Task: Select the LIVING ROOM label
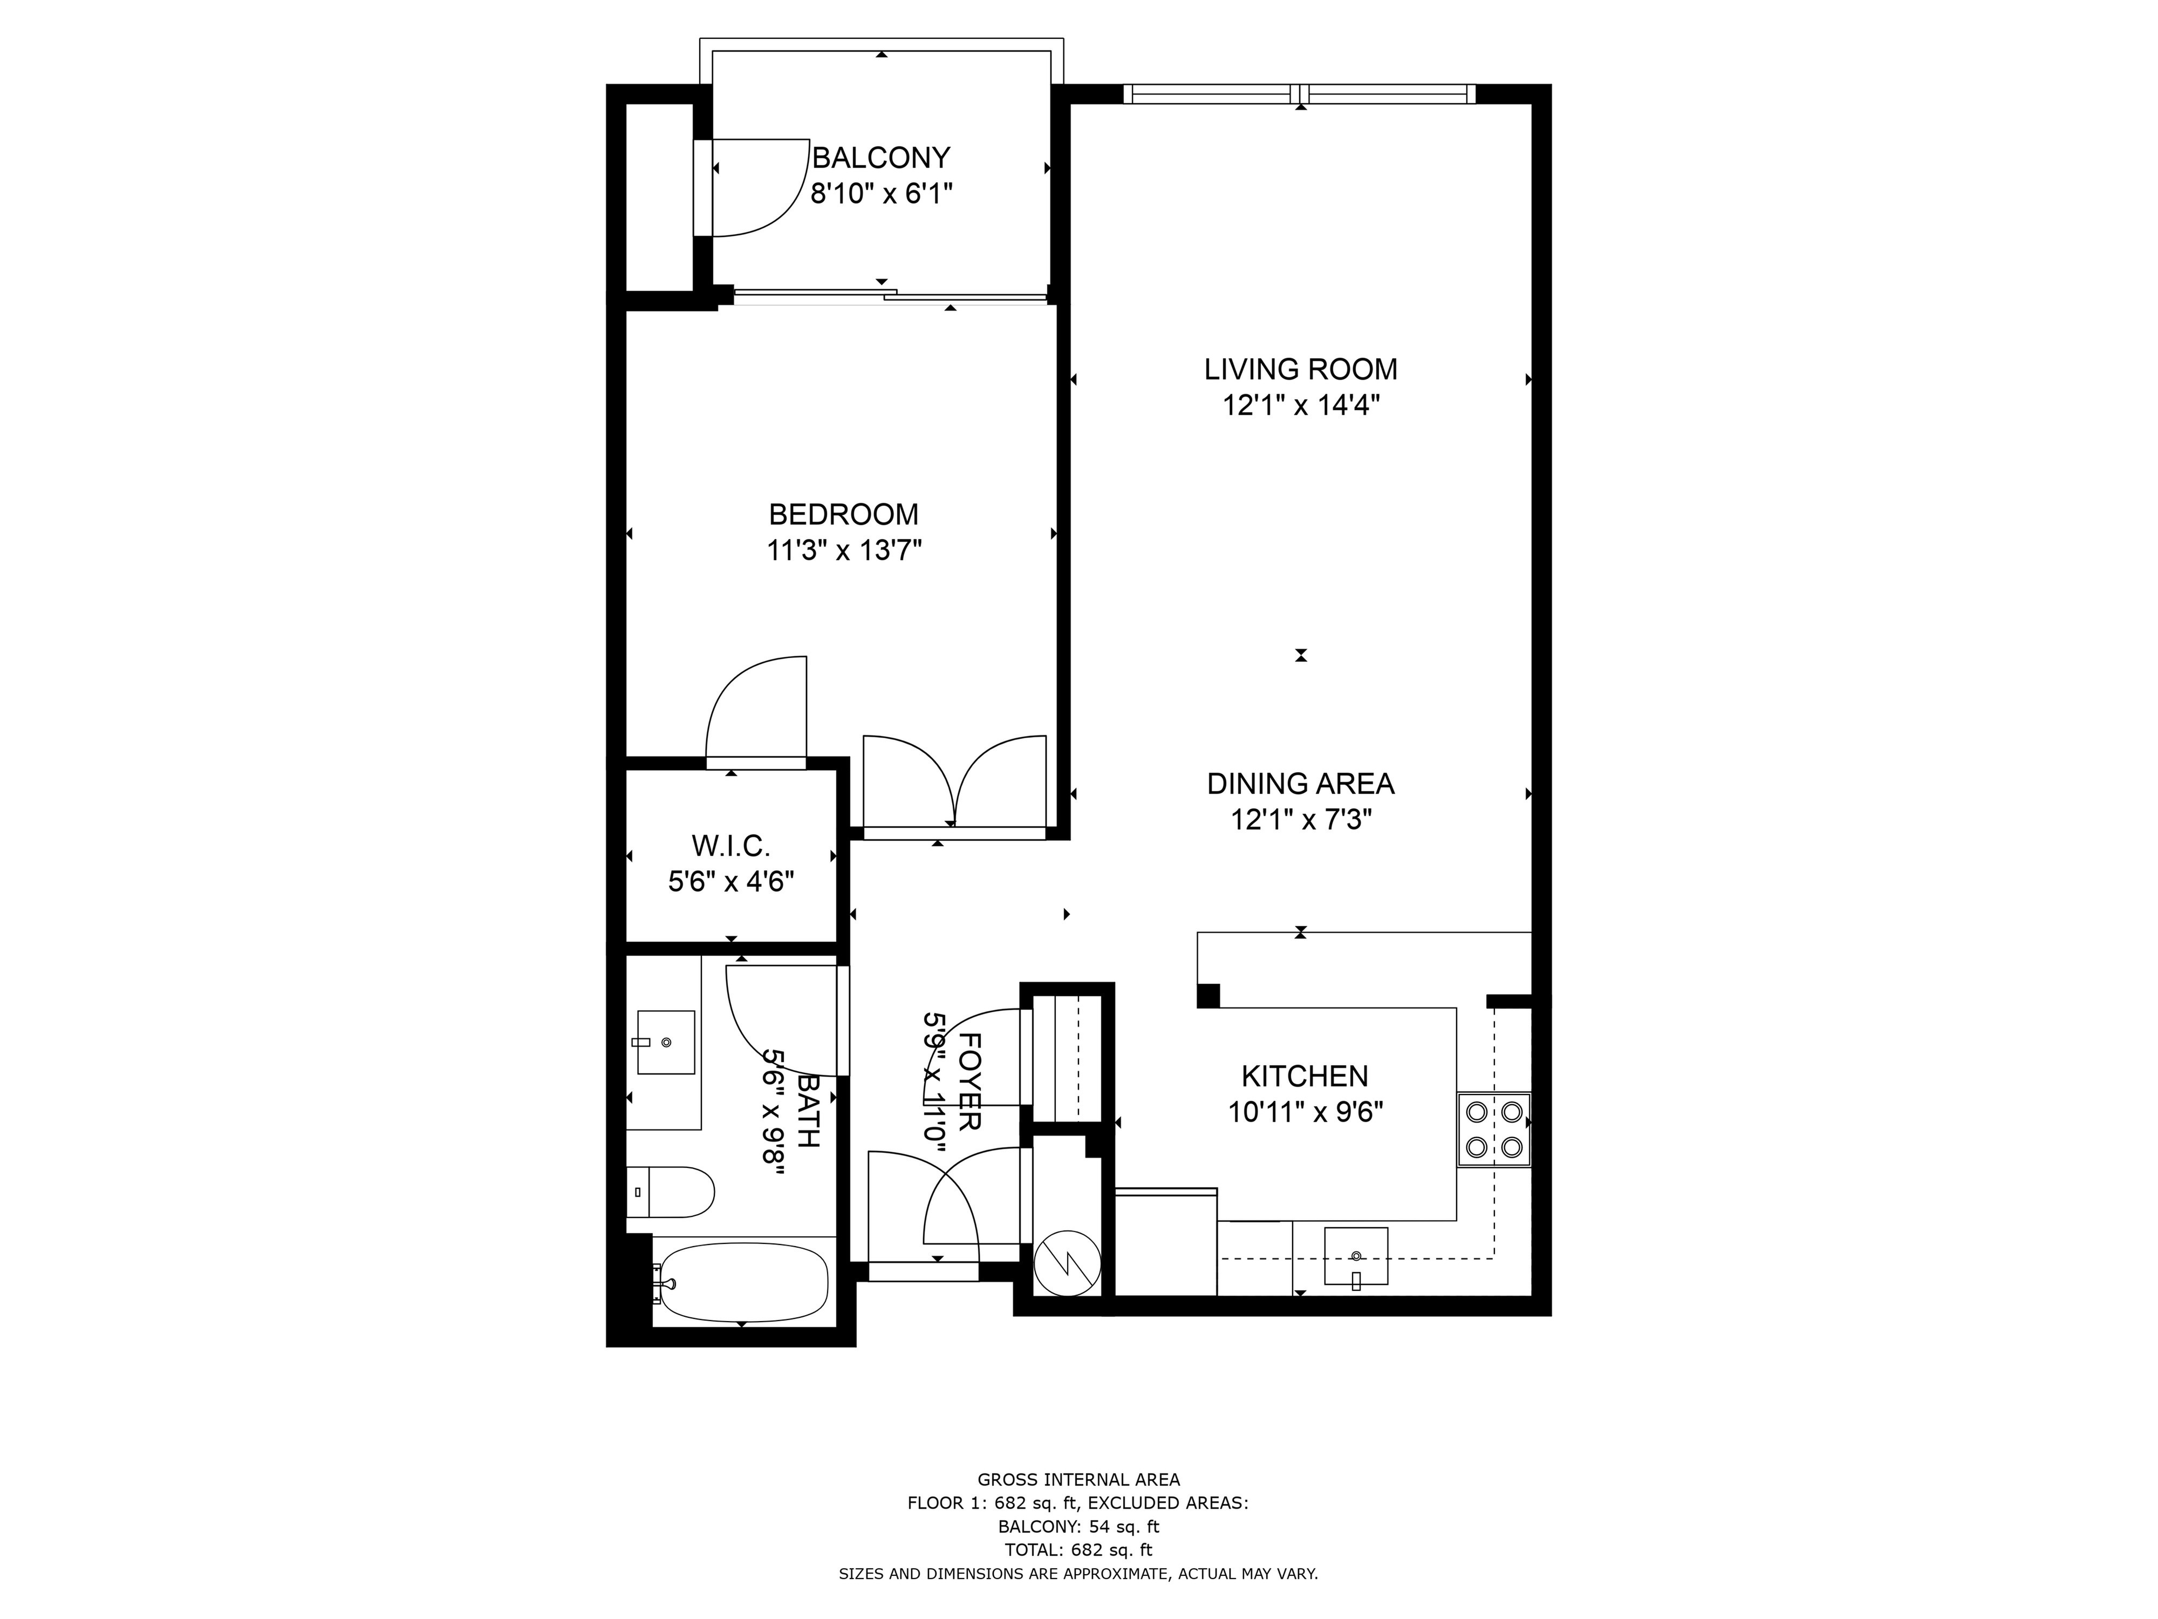click(x=1300, y=370)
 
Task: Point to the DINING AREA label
click(x=1300, y=784)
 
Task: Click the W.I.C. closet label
click(x=730, y=845)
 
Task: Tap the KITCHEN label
click(x=1305, y=1077)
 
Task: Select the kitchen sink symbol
click(x=1355, y=1256)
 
